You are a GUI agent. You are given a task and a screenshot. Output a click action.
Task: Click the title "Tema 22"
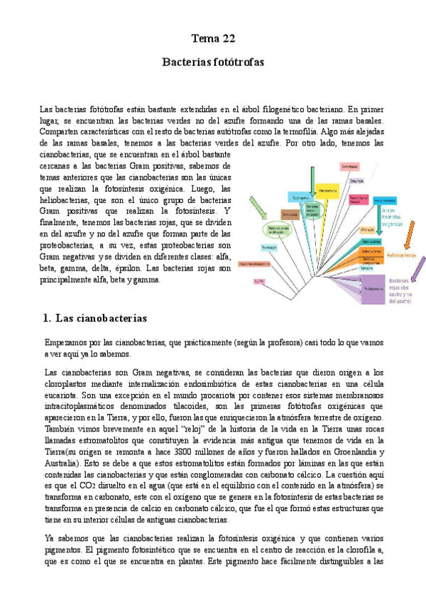click(x=213, y=38)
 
